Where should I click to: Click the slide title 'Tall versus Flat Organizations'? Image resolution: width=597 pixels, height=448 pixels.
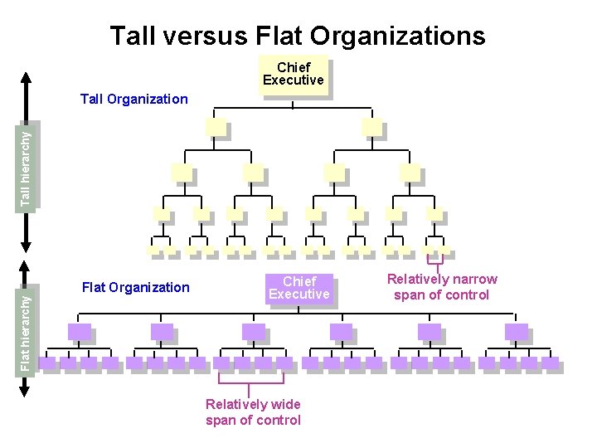point(298,36)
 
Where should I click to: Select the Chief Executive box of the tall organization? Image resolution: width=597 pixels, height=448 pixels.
point(293,75)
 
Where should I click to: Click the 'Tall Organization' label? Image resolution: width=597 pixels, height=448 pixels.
point(134,99)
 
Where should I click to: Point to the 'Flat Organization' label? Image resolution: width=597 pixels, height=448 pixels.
point(136,287)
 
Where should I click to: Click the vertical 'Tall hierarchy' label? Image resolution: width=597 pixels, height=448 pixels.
point(27,166)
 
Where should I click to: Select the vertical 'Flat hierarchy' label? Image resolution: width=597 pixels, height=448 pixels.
point(27,317)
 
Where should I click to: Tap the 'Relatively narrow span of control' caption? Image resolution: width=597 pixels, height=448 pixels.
point(442,287)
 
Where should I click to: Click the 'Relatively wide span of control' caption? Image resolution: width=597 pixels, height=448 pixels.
point(253,411)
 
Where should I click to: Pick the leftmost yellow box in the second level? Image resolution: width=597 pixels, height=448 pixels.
point(216,127)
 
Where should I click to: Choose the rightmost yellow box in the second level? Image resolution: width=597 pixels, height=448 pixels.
point(372,127)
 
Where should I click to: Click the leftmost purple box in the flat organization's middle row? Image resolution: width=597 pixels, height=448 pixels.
point(79,332)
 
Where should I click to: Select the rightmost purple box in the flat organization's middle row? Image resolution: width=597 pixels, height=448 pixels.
point(516,332)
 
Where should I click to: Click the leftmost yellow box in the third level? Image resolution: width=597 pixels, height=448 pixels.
point(181,173)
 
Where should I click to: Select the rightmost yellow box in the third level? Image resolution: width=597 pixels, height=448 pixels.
point(410,173)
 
